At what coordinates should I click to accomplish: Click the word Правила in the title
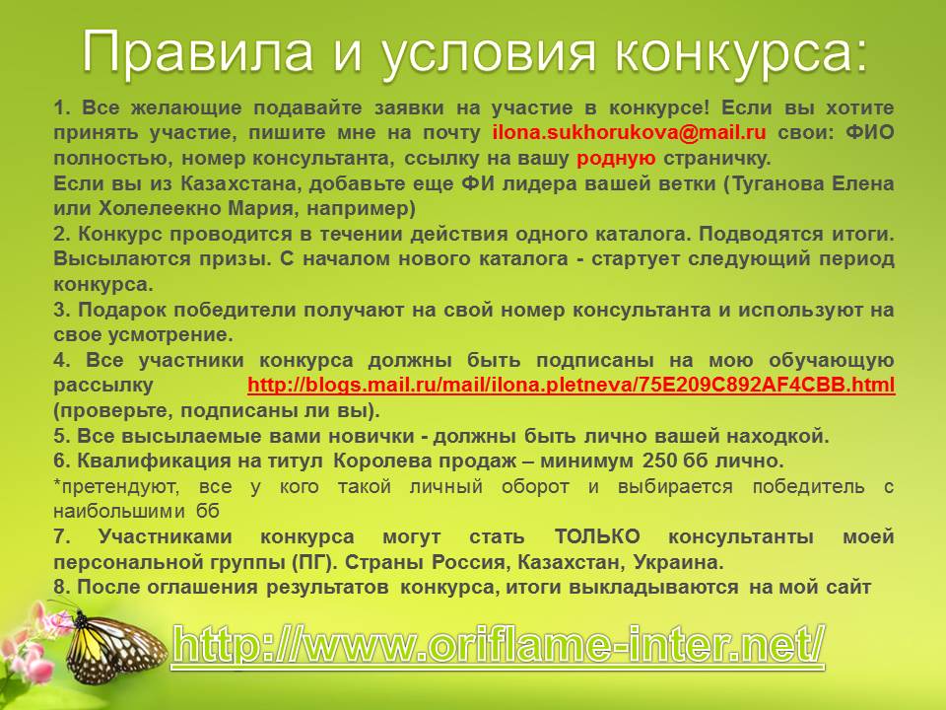[197, 51]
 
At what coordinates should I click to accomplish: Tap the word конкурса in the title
[741, 52]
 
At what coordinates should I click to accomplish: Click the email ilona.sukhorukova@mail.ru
[630, 132]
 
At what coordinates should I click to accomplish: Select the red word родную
[616, 158]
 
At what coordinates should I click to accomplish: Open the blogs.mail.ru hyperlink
[571, 386]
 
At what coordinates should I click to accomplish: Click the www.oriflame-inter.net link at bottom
[499, 644]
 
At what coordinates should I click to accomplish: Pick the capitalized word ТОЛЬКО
[597, 536]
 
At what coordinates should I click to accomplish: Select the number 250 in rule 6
[660, 461]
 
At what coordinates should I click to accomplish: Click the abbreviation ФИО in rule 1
[869, 132]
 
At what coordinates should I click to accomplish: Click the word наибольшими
[119, 512]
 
